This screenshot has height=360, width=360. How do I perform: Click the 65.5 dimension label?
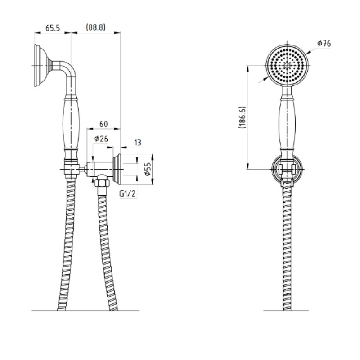click(x=53, y=28)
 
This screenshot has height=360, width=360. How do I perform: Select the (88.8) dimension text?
click(x=96, y=27)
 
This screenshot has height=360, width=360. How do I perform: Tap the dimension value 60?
click(x=103, y=124)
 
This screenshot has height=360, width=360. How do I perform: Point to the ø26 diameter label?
click(x=101, y=139)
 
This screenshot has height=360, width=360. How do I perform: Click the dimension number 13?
click(x=138, y=143)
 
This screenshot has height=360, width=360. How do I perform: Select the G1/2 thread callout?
click(x=128, y=194)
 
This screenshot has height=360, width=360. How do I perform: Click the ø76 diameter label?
click(x=324, y=43)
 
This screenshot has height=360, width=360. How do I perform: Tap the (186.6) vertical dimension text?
click(x=243, y=117)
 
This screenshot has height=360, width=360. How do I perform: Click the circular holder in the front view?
click(x=287, y=170)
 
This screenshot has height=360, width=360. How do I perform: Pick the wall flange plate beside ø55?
click(x=117, y=169)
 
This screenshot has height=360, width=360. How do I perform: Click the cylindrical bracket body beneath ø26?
click(x=99, y=170)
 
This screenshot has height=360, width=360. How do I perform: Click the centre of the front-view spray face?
click(x=287, y=65)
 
